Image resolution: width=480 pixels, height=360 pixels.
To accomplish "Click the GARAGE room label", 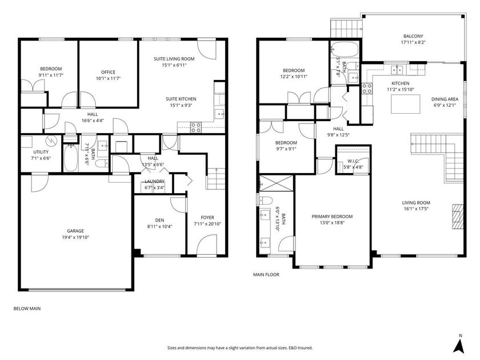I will coord(75,231).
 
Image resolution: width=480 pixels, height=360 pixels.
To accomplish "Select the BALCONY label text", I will coord(413,36).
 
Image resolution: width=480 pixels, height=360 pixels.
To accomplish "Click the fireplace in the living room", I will coord(456,216).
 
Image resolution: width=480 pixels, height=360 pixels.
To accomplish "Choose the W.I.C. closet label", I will coord(352,161).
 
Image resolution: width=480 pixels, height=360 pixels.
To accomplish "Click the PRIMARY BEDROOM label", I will coord(332,217).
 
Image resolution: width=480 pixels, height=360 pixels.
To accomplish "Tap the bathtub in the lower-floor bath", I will coord(72,158).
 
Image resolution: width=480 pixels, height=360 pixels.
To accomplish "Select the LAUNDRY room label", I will coord(154,181).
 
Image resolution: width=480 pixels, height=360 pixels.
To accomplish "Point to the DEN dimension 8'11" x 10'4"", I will coord(159,226).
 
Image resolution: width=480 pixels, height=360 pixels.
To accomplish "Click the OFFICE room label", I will coord(108,72).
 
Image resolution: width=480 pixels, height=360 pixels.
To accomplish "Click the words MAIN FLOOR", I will coord(266,275).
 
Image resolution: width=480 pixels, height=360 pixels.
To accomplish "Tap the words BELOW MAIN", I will coord(27,309).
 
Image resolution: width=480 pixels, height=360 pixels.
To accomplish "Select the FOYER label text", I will coord(207,217).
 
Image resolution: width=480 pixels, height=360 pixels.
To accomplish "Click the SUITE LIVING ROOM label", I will coord(174,59).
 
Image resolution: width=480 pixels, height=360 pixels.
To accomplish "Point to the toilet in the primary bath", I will coord(266,201).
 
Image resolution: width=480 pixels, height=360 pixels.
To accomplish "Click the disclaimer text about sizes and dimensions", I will coord(240,347).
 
